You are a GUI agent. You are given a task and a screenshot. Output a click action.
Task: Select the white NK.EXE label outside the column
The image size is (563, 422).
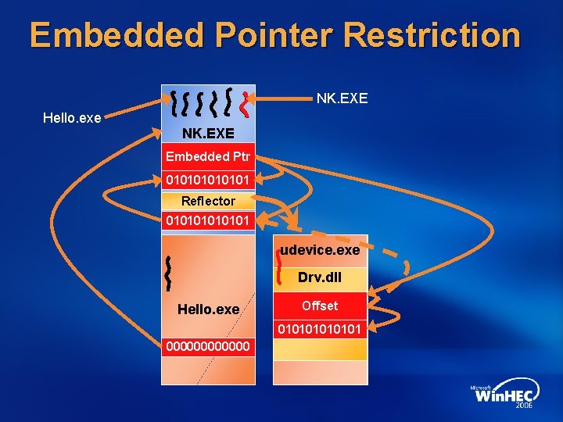pos(342,99)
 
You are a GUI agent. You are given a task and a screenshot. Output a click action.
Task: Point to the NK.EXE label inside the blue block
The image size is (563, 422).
pos(208,134)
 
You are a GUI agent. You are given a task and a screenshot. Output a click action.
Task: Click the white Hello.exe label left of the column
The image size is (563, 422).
pos(71,118)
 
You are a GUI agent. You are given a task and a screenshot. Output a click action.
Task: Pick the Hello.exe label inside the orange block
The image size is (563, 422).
pos(208,309)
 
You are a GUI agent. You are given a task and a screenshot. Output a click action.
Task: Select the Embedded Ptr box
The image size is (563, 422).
pos(208,156)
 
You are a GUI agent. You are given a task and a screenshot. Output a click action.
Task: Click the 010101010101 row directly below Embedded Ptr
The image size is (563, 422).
pos(208,181)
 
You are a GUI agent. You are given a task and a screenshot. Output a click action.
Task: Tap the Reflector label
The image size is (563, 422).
pos(208,201)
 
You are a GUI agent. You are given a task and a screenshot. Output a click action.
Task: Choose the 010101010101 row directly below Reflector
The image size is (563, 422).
pos(208,220)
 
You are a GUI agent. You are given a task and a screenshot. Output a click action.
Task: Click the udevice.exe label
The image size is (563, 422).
pos(321,250)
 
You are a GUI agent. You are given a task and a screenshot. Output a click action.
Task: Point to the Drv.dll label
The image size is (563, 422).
pos(320,277)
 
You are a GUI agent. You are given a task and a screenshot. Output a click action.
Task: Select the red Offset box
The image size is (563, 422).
pos(320,306)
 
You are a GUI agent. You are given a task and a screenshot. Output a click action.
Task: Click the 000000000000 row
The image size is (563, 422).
pos(208,345)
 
